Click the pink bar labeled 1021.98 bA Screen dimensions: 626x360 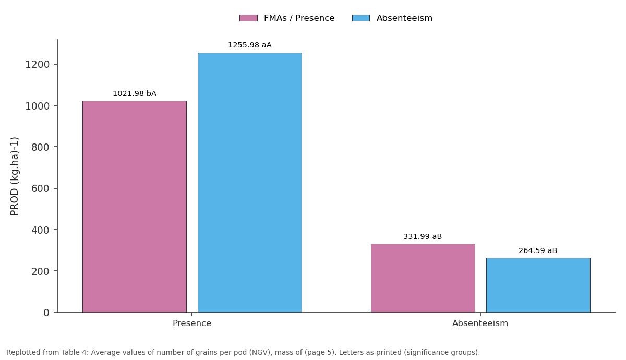[135, 207]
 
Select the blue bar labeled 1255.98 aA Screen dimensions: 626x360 [250, 183]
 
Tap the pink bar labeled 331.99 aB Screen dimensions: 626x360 [423, 278]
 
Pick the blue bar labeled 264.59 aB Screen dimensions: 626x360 [538, 285]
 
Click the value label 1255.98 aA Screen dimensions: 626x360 [250, 45]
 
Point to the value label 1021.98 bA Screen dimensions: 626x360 [135, 93]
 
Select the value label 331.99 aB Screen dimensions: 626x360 [423, 236]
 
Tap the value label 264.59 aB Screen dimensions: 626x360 [538, 251]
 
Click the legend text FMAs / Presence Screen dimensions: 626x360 [299, 18]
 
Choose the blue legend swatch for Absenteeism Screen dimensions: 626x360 [361, 18]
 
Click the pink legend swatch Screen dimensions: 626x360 [248, 18]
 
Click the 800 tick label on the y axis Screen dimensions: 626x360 [41, 147]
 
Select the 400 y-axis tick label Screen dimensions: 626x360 [41, 230]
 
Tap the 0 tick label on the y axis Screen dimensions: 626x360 [46, 313]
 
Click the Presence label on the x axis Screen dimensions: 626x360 [192, 323]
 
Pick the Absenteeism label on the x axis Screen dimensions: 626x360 [480, 323]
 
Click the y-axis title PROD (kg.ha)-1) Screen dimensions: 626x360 [14, 176]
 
